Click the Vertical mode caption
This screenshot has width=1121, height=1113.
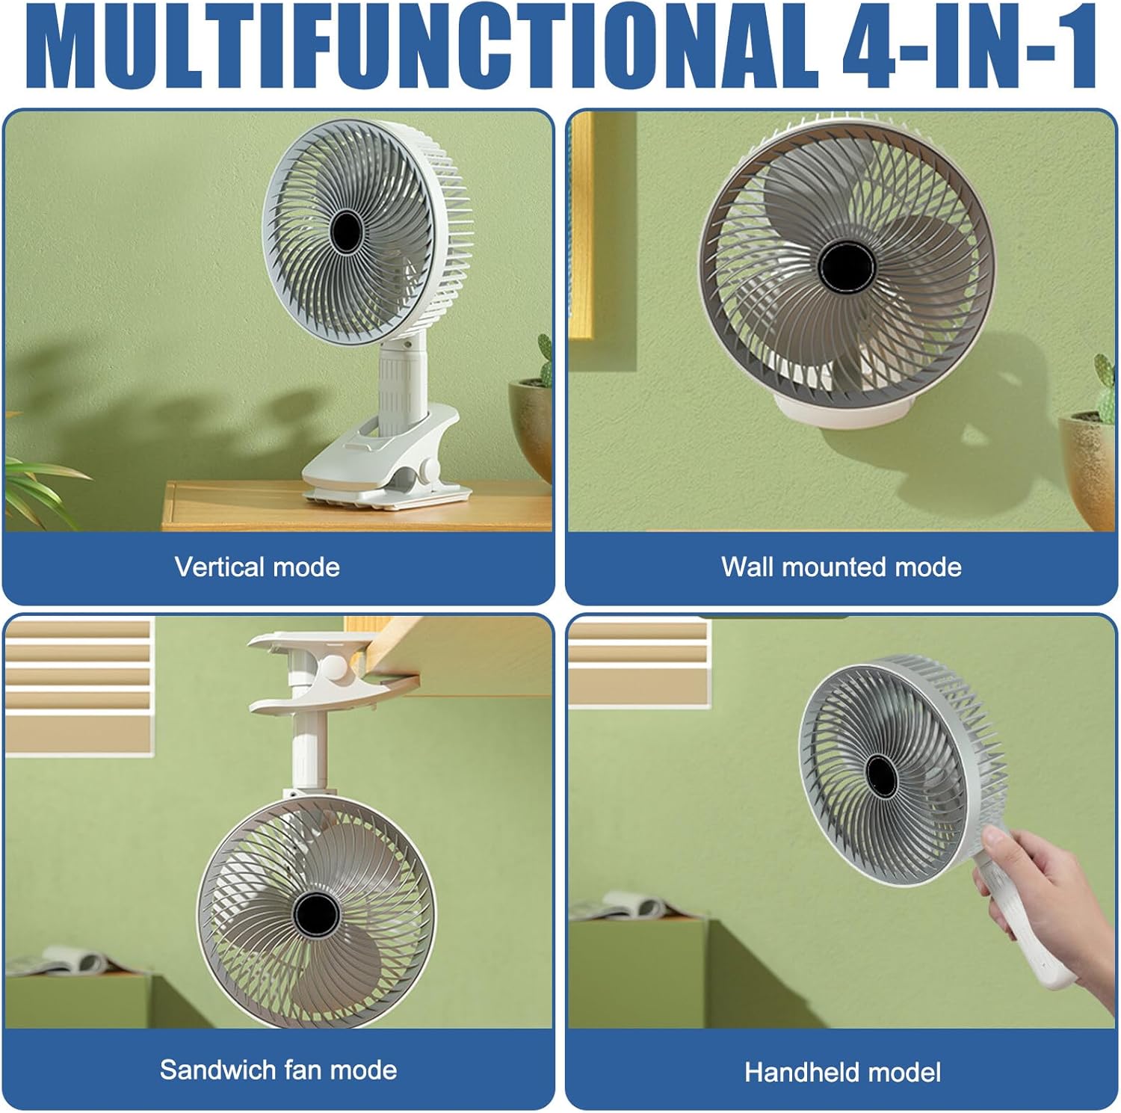point(257,567)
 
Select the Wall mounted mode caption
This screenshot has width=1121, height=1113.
point(841,567)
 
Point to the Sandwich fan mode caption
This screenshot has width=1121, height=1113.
point(278,1070)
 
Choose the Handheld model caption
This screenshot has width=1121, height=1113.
point(842,1073)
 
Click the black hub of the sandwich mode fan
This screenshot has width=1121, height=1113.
point(315,913)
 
